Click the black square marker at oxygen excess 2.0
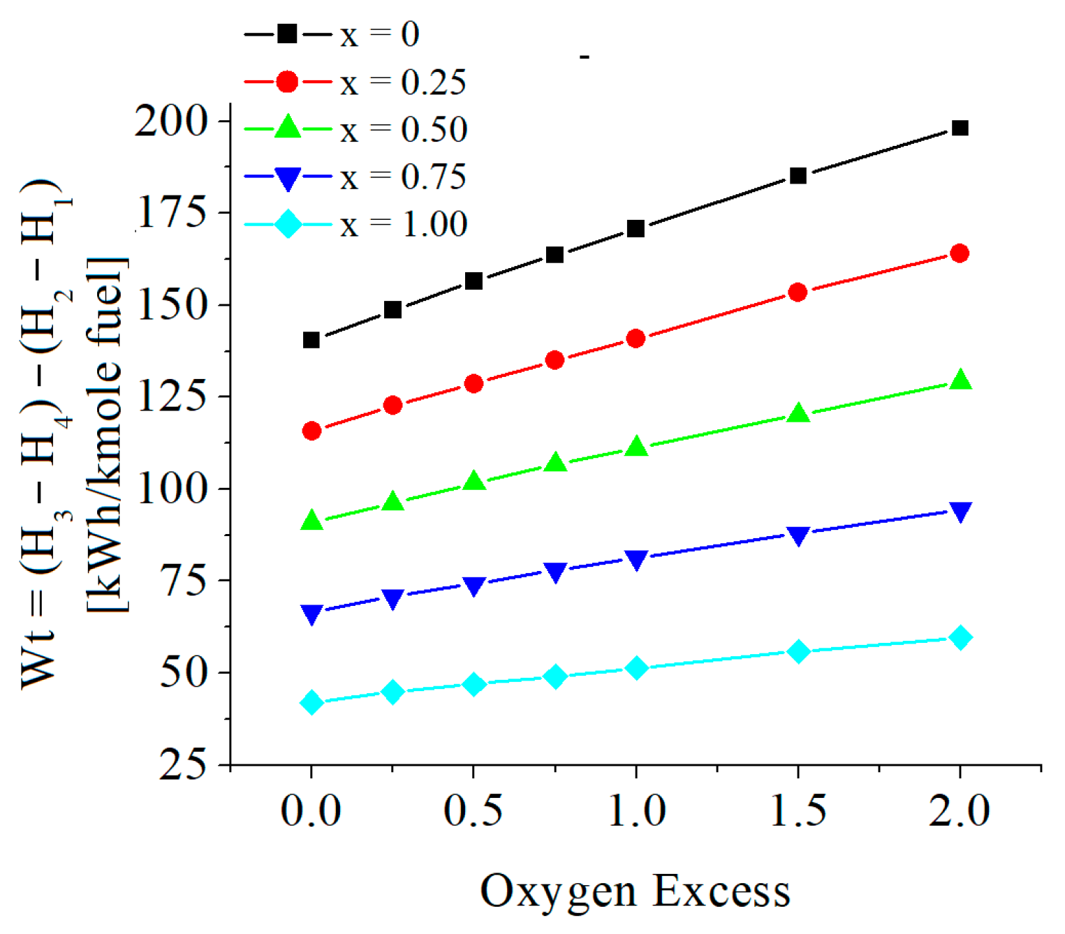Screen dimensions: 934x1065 (x=960, y=128)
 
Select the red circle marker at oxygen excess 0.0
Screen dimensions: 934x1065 (x=311, y=431)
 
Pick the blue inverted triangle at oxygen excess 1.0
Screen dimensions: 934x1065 (x=636, y=560)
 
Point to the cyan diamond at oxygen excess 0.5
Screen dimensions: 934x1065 (x=474, y=684)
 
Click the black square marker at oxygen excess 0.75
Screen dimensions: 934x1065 (x=554, y=255)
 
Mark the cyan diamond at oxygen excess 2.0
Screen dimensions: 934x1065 (x=960, y=637)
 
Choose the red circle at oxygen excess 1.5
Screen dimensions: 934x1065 (x=798, y=292)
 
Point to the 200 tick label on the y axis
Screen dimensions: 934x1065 (x=172, y=121)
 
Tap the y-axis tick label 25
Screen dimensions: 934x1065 (x=183, y=766)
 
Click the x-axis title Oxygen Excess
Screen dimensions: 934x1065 (x=635, y=891)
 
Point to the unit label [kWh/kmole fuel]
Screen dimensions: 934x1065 (x=106, y=434)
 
